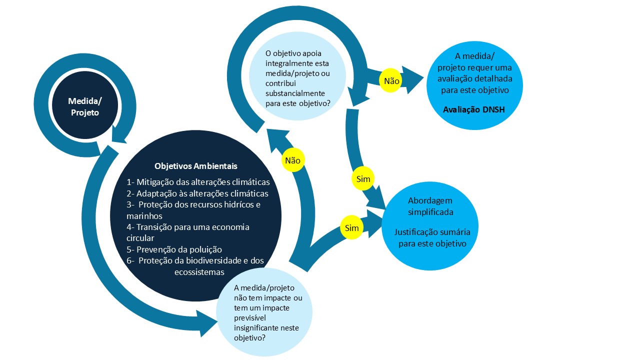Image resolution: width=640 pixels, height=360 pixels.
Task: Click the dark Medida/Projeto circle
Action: pos(84,105)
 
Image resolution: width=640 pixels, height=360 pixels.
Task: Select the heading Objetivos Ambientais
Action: pos(195,166)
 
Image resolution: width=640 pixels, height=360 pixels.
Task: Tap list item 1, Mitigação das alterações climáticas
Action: pos(198,182)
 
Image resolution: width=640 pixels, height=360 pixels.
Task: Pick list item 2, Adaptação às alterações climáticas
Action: pos(197,193)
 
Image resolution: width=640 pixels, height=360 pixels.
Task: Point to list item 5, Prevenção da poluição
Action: pos(174,249)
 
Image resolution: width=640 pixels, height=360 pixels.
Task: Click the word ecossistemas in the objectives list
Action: pos(199,272)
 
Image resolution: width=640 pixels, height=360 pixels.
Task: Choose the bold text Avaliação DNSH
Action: pos(474,109)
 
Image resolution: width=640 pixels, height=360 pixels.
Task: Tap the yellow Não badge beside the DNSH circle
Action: pos(391,80)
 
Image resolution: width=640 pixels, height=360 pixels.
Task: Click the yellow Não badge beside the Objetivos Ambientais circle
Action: pos(293,160)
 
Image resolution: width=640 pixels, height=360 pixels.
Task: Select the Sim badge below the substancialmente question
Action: pos(363,179)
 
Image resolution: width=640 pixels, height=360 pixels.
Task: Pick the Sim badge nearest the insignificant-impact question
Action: pos(351,227)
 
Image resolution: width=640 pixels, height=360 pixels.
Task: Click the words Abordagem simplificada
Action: pos(430,206)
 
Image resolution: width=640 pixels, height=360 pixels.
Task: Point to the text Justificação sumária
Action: pos(432,232)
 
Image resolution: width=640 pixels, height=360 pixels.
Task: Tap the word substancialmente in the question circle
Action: pos(295,93)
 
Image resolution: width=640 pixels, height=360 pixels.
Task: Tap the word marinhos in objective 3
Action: pos(144,216)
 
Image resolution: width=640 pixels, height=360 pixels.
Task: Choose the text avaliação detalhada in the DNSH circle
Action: pos(475,78)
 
